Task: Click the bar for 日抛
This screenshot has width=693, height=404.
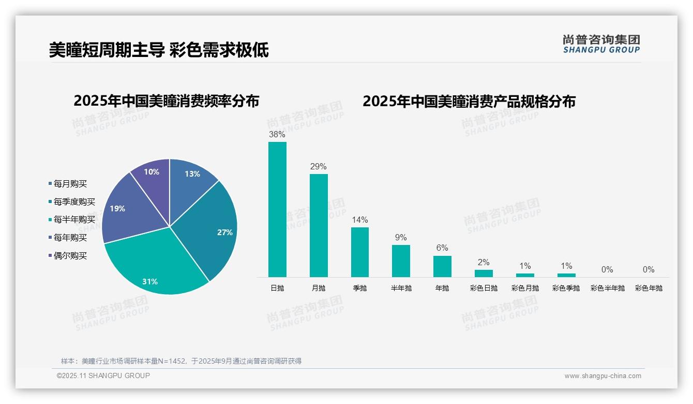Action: coord(277,209)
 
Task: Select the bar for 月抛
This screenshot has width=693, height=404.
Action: coord(319,225)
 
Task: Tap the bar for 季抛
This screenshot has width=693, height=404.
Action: coord(360,252)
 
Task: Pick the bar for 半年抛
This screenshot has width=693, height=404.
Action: coord(401,261)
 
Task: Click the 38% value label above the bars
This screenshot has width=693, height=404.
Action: coord(277,135)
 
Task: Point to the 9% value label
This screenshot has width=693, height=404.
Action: coord(401,238)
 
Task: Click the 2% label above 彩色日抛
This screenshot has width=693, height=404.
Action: coord(484,263)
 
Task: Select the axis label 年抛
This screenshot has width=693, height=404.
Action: coord(442,288)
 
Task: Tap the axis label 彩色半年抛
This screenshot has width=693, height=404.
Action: coord(608,288)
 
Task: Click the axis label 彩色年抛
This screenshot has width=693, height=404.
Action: coord(649,288)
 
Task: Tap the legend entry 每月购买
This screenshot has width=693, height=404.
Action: coord(70,183)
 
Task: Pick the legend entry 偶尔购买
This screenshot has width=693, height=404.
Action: coord(70,256)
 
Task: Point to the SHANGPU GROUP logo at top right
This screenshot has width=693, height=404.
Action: coord(601,44)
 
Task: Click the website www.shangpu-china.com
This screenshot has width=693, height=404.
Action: coord(602,376)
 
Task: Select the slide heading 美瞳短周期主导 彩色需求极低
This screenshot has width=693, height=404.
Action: coord(159,50)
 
